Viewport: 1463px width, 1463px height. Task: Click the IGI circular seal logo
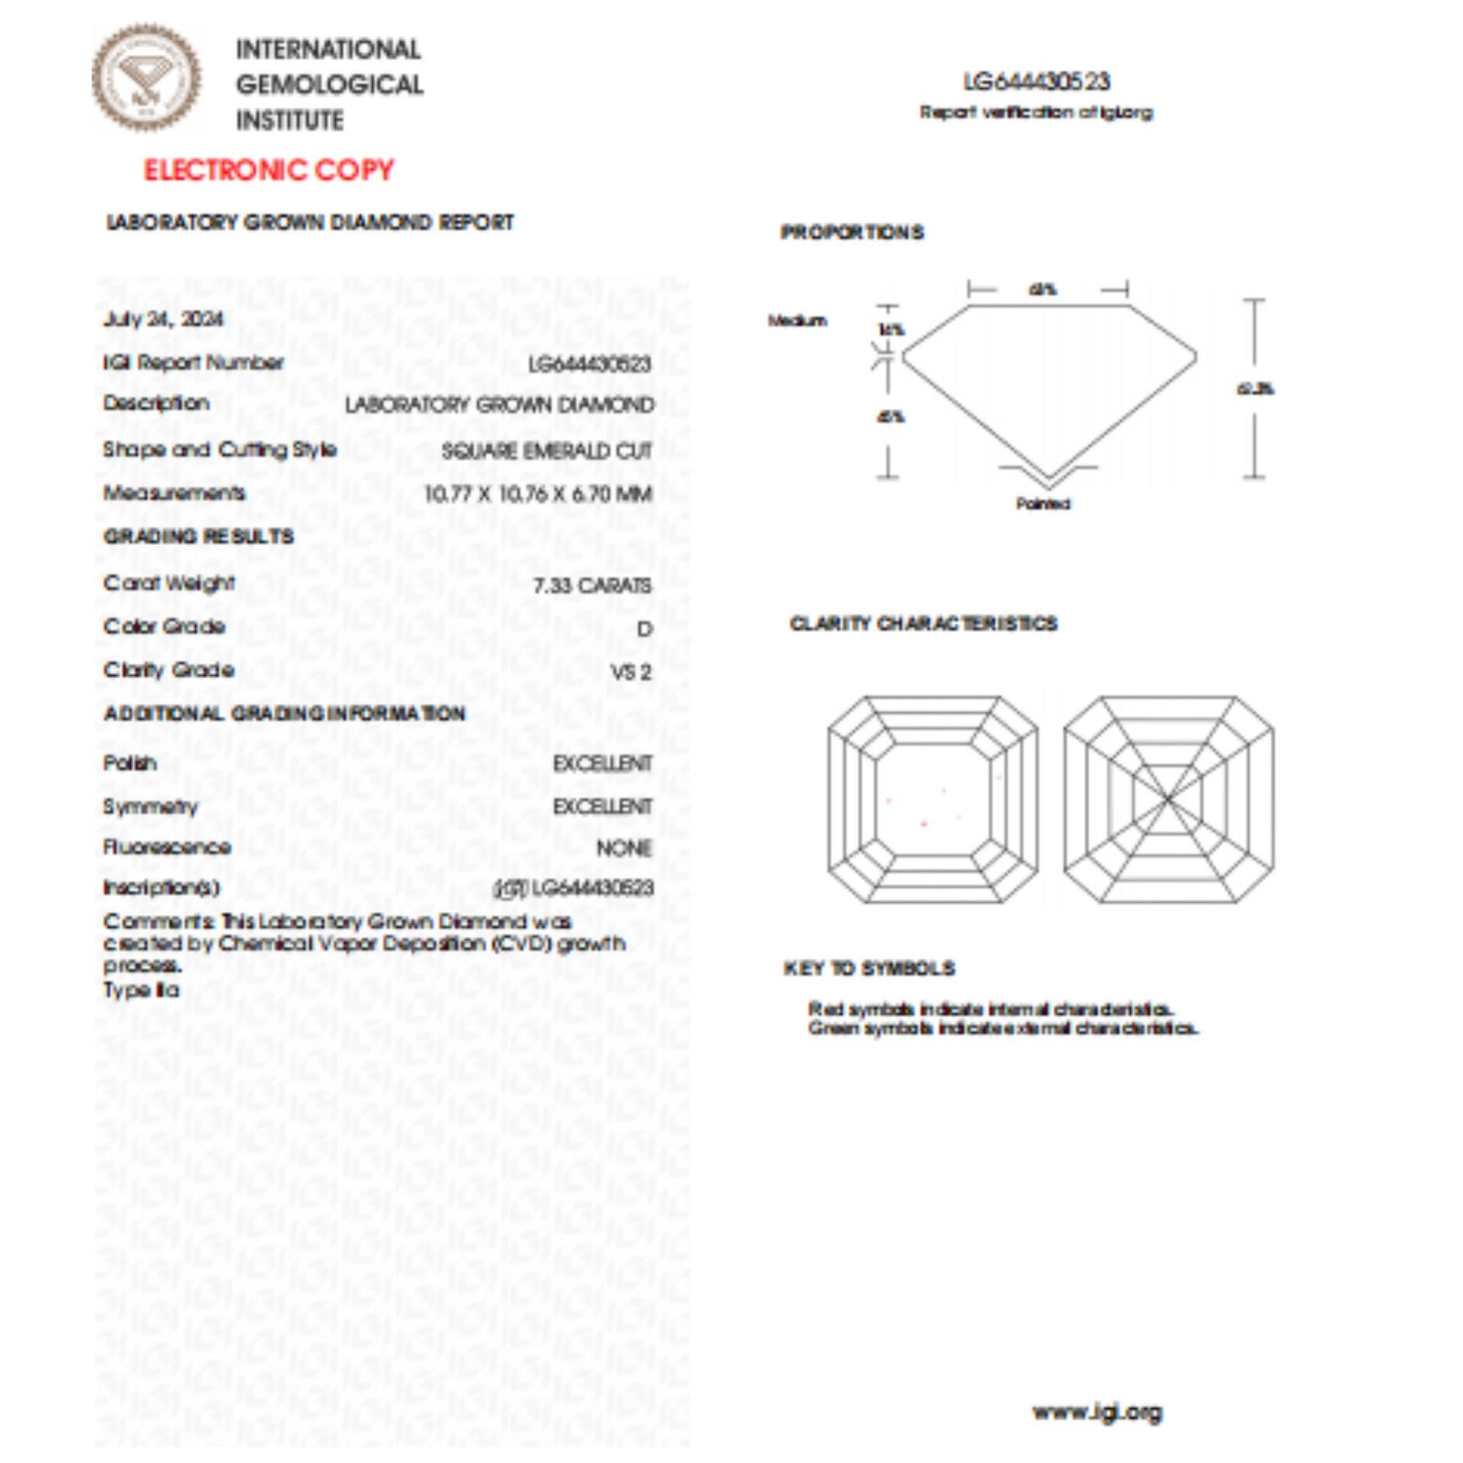click(x=146, y=78)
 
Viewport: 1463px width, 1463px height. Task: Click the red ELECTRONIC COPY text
click(x=269, y=170)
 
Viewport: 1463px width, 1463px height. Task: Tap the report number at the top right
click(x=1036, y=82)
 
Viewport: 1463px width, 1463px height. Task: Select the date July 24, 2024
click(x=164, y=319)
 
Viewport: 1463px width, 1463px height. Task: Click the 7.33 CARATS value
click(x=592, y=586)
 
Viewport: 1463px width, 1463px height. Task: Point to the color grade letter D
click(x=644, y=629)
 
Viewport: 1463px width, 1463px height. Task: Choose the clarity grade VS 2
click(x=631, y=671)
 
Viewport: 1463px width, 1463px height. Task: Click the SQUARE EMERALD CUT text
click(x=546, y=451)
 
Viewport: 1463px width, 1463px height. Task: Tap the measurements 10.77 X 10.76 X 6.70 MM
click(x=538, y=495)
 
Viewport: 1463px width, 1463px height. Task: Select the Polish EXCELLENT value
click(x=602, y=763)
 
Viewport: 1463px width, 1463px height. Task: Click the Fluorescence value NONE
click(x=623, y=848)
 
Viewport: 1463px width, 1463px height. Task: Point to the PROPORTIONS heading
click(x=852, y=232)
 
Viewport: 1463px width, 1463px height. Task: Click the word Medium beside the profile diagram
click(x=797, y=320)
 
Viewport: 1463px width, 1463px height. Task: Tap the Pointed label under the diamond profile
click(x=1043, y=504)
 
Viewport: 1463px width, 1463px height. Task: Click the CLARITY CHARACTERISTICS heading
click(x=923, y=623)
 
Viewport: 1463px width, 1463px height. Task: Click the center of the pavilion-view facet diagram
click(x=1168, y=799)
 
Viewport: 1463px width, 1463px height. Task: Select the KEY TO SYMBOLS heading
click(x=869, y=968)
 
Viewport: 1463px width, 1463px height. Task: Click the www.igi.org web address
click(x=1096, y=1413)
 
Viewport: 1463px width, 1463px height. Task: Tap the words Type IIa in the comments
click(x=141, y=989)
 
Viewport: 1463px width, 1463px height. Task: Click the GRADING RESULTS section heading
click(x=198, y=536)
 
